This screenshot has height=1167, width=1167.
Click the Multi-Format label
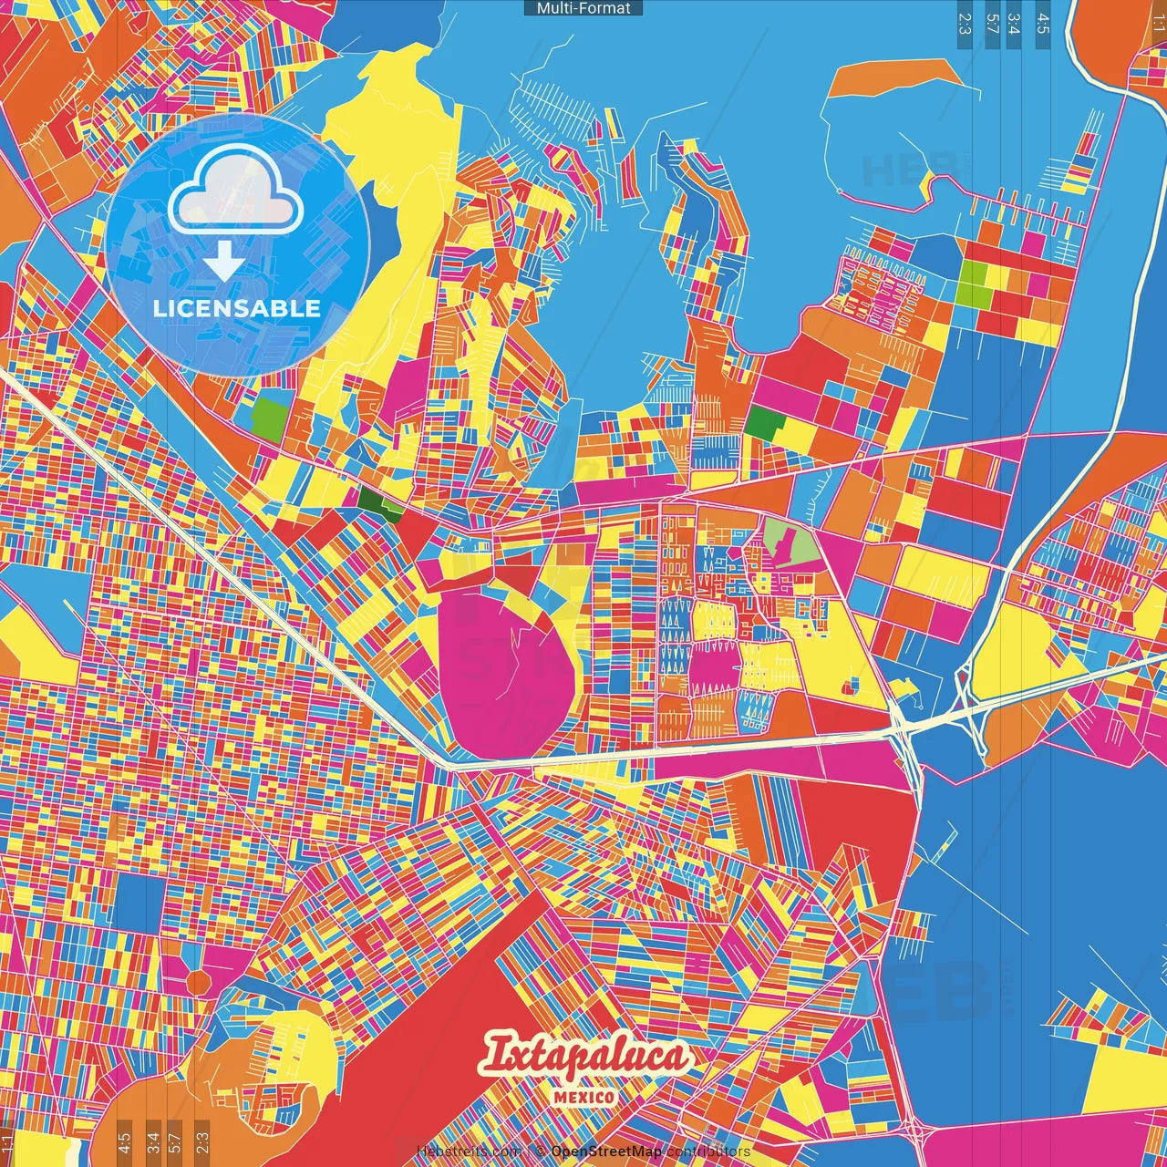point(583,8)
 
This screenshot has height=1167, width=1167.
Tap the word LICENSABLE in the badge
point(237,308)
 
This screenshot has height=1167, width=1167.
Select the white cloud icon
point(236,189)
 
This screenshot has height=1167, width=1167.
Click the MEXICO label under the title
point(583,1097)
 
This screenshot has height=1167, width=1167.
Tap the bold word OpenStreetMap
point(605,1152)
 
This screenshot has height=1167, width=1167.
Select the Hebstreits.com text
point(469,1152)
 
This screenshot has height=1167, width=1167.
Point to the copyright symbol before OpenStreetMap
point(540,1152)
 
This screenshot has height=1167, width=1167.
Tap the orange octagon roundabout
point(198,981)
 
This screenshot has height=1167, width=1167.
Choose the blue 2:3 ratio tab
point(965,24)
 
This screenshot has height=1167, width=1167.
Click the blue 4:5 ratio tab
point(1043,24)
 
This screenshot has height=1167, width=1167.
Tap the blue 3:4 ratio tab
point(1014,24)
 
